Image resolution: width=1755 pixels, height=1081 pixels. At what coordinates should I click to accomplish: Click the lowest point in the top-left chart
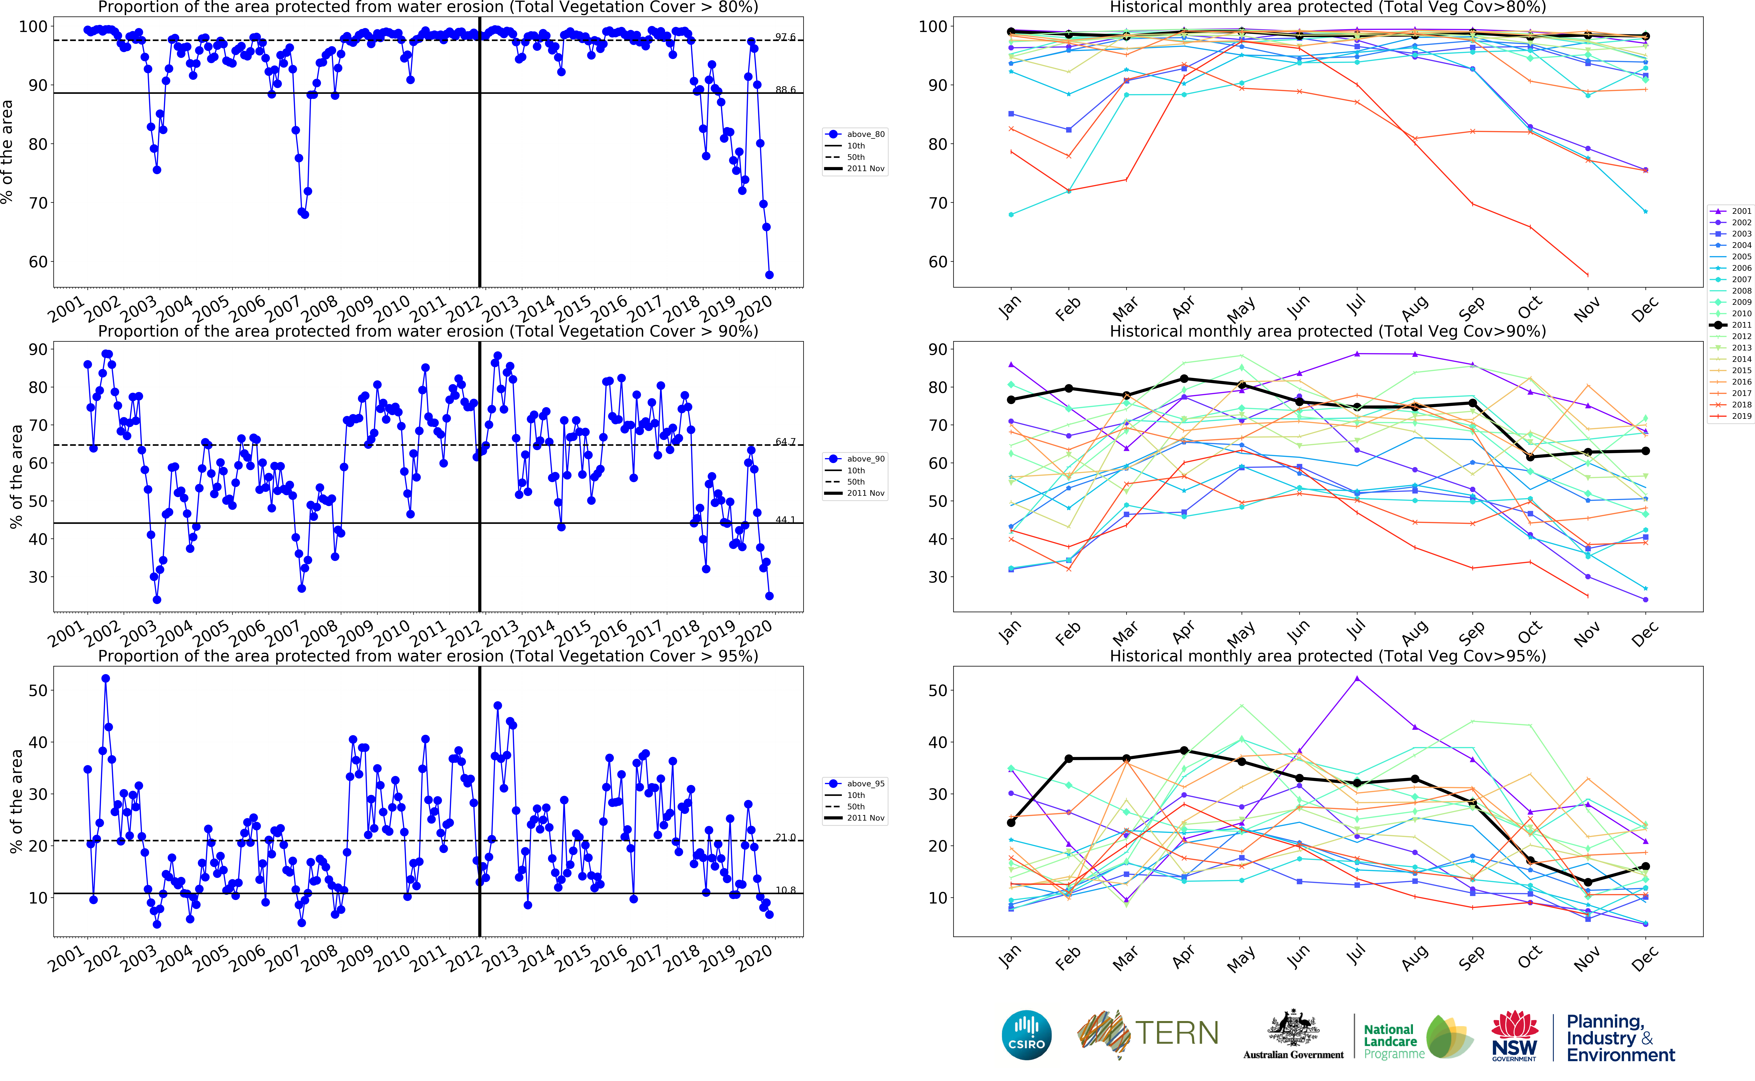tap(769, 274)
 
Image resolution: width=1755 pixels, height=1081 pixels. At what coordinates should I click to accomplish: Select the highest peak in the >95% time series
tap(106, 678)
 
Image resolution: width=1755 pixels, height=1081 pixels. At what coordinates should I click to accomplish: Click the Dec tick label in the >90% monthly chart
tap(1644, 633)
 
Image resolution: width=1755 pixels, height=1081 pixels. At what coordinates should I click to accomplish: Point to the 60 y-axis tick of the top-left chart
tap(38, 262)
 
